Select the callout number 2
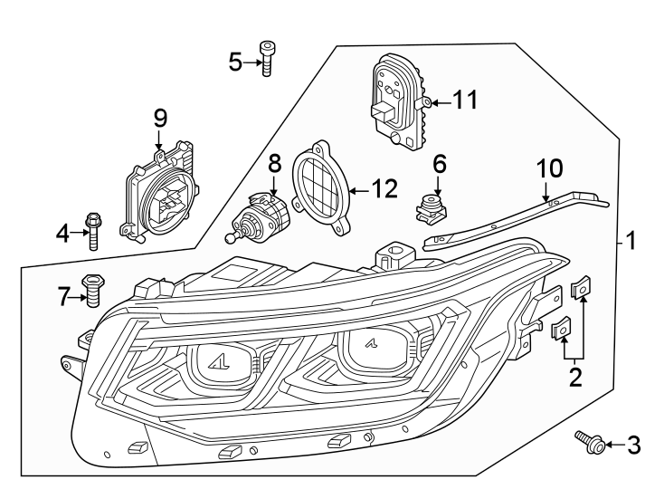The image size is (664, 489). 574,376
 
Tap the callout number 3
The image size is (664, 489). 633,445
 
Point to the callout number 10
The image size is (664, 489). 551,168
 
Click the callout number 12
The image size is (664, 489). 384,189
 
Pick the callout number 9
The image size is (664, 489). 160,119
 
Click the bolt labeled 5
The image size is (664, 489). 266,57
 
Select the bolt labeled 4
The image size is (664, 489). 92,232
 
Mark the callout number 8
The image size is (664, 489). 275,163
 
